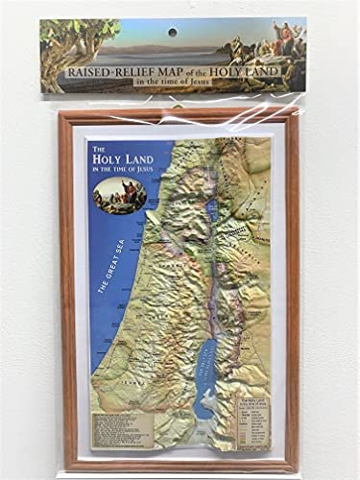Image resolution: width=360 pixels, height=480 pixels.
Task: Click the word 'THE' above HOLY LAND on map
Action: click(97, 149)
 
